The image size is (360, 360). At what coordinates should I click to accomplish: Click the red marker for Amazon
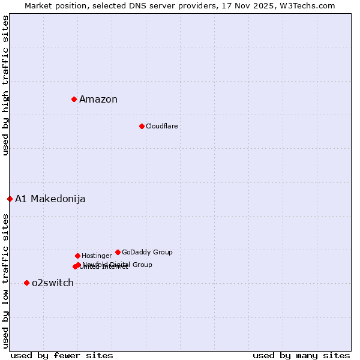click(74, 99)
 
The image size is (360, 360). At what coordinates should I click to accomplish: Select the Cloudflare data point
click(142, 126)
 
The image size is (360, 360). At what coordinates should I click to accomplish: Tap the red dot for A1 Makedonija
click(10, 199)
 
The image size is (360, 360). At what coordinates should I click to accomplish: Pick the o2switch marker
click(26, 283)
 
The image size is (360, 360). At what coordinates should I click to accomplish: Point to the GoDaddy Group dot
click(118, 252)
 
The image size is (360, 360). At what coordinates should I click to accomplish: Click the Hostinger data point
click(77, 256)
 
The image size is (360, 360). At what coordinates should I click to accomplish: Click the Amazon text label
click(98, 100)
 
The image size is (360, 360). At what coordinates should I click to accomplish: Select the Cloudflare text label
click(161, 126)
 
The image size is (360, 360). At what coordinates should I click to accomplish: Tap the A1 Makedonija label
click(50, 199)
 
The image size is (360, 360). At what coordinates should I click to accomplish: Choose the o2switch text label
click(53, 283)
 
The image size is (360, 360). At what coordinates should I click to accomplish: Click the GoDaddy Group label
click(147, 252)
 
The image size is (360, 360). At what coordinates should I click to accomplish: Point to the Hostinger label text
click(97, 256)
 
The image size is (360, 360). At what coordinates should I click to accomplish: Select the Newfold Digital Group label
click(118, 264)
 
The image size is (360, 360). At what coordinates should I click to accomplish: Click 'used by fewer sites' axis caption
click(62, 355)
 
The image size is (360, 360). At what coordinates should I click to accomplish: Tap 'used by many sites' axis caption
click(301, 355)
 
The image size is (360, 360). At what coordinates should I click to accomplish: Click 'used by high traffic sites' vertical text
click(5, 85)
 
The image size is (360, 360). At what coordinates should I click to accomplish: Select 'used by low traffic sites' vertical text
click(5, 281)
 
